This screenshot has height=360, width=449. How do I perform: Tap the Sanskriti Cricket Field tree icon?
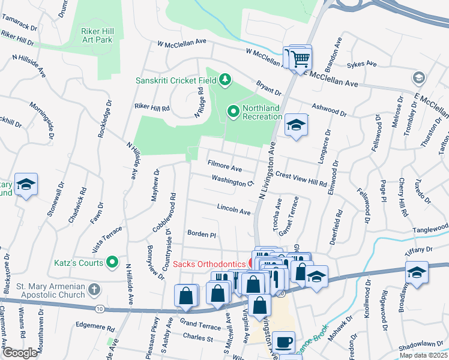(x=225, y=79)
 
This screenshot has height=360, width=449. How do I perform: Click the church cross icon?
(x=93, y=290)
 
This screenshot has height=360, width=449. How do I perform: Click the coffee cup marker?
(x=284, y=343)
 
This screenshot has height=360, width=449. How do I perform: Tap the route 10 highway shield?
(x=99, y=308)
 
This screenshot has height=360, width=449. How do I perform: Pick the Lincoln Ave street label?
(x=234, y=211)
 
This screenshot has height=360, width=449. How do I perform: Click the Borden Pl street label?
(x=201, y=235)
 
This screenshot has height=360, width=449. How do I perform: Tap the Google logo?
(x=20, y=353)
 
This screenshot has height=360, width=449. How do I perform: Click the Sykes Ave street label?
(x=363, y=64)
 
